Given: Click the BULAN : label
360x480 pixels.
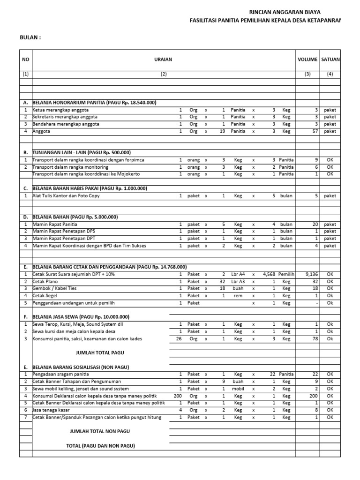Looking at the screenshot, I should coord(30,37).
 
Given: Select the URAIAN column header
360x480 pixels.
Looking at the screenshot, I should coord(163,60).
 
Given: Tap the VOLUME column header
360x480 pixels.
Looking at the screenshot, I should coord(307,60).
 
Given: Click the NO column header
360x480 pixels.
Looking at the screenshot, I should coord(25,60).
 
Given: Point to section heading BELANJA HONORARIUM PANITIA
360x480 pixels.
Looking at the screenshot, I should coord(94,102).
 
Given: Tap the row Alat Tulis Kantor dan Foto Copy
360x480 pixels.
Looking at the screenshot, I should coord(66,195).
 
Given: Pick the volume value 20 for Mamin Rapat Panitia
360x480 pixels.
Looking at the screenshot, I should coord(315,224).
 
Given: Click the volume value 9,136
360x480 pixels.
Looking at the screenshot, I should coord(312,274).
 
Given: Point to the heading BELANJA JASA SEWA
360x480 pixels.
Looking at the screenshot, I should coord(81,317).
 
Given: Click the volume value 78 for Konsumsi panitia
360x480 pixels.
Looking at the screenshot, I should coord(315,338).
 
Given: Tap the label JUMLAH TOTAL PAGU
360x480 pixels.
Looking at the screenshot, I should coord(100,352).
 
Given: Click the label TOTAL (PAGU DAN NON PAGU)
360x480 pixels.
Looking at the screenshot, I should coord(101,445).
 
